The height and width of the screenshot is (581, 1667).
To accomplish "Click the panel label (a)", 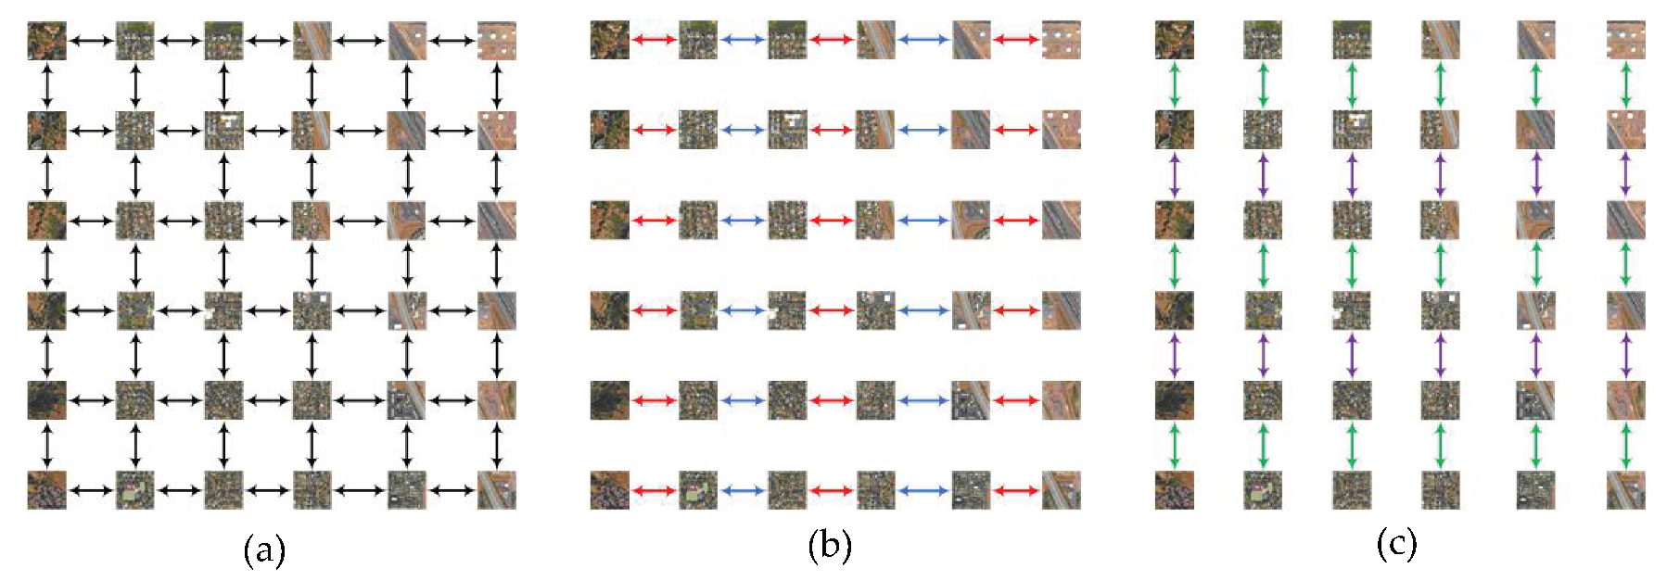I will (x=264, y=550).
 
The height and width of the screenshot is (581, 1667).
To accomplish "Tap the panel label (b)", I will (x=829, y=546).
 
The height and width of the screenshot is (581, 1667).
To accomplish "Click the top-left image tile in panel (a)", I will (x=46, y=41).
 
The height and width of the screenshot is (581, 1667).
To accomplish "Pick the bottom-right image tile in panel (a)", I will (x=497, y=490).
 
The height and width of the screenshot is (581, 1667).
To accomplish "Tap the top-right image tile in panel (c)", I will (x=1625, y=41).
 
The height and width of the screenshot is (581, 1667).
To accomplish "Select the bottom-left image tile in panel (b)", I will (x=609, y=490).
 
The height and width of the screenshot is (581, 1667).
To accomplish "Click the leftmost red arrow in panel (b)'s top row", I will (x=654, y=40).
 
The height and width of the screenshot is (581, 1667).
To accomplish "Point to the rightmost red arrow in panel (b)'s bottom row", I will (x=1016, y=490).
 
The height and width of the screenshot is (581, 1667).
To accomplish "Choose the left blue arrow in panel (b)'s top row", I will (x=743, y=40).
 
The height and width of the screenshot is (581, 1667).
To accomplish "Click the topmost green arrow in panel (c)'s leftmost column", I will (x=1175, y=85).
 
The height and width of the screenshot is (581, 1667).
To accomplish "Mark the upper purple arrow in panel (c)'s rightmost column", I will (x=1625, y=174).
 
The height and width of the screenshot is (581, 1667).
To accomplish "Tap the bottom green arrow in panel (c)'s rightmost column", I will (x=1625, y=446).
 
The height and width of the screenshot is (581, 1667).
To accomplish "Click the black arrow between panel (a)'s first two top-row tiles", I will (x=91, y=41).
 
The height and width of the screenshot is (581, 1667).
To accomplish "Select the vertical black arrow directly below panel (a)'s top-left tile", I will (x=46, y=86).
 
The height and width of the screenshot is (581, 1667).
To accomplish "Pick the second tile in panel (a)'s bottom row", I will (x=135, y=490).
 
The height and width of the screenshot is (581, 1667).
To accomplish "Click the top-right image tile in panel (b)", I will (x=1061, y=41).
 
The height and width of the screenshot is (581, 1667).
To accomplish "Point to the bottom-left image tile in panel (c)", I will (x=1175, y=490).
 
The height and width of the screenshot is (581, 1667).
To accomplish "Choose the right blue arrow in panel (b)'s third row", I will (x=923, y=221).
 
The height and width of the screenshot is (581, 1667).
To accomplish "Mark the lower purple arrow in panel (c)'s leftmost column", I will (x=1175, y=355).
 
